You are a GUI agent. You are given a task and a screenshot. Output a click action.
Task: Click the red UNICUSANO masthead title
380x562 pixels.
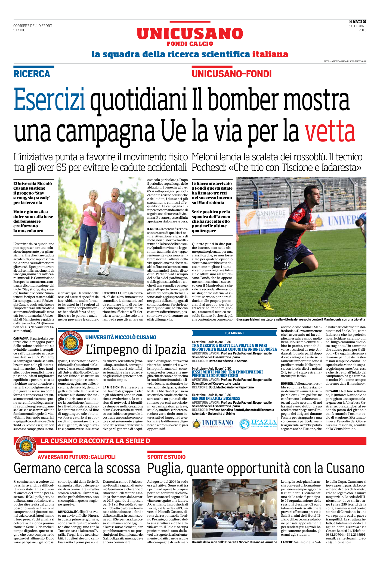(x=190, y=34)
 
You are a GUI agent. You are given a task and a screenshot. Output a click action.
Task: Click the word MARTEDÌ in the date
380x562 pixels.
(x=358, y=21)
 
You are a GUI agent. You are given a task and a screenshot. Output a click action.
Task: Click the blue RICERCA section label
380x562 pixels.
(x=32, y=74)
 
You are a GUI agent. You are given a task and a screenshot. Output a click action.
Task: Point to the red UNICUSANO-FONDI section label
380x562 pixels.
(x=232, y=74)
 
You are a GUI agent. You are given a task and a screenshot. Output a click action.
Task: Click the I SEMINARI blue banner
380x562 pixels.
(x=234, y=333)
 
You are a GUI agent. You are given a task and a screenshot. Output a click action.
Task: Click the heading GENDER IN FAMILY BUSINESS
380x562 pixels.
(x=216, y=398)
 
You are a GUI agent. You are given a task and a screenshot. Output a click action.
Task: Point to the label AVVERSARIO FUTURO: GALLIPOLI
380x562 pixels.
(x=76, y=457)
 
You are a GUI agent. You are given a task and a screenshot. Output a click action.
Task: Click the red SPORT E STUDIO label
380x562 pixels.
(x=166, y=457)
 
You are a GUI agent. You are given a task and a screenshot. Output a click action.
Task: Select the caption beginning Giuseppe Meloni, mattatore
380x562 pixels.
(x=301, y=319)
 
